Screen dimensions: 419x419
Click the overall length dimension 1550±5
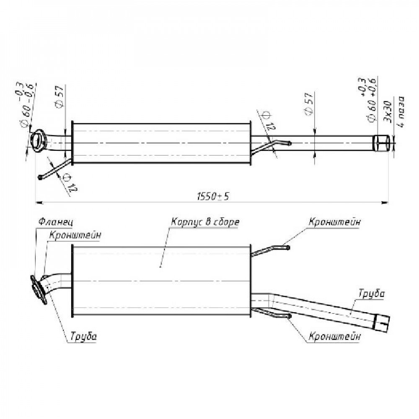213,197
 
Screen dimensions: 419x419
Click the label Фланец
56,222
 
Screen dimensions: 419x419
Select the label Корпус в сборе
205,222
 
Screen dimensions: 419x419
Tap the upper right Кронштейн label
334,222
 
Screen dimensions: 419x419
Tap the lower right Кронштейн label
334,336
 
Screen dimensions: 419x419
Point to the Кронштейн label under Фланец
75,235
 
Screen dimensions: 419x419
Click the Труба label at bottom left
83,336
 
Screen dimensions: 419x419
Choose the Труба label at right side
371,294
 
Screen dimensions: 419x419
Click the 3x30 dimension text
388,112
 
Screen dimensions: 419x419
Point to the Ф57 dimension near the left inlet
59,96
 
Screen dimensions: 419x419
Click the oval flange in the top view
38,141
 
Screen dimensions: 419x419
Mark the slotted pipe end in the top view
381,143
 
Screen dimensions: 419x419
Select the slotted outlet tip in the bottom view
382,323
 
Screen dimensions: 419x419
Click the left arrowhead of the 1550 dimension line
39,203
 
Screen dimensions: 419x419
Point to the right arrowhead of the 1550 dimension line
385,203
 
